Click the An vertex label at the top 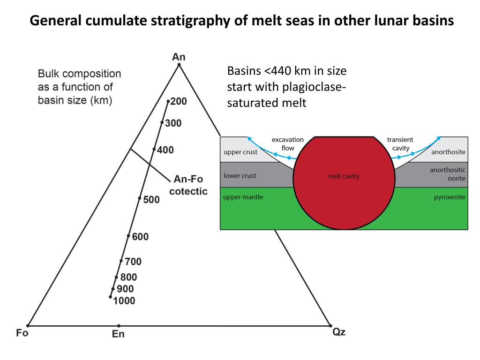click(x=179, y=57)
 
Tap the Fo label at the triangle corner click(x=22, y=333)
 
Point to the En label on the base click(x=118, y=334)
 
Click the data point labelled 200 click(x=168, y=101)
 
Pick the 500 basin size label click(x=151, y=200)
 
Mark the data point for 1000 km click(x=110, y=297)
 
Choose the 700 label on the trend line click(x=133, y=262)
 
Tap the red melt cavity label click(x=343, y=177)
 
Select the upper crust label click(x=240, y=152)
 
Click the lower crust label click(x=240, y=176)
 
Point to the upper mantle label click(x=243, y=197)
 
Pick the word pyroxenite click(x=450, y=197)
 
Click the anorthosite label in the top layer click(x=448, y=152)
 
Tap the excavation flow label click(x=288, y=144)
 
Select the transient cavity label click(x=400, y=144)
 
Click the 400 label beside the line click(x=165, y=150)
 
